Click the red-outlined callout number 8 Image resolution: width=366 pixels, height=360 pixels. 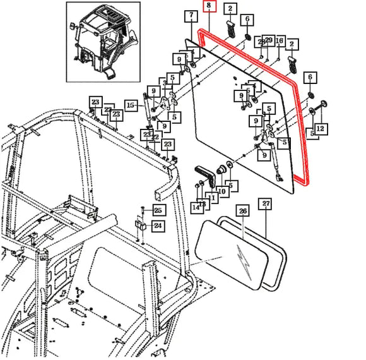(209, 8)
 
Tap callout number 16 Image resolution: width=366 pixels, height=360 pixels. (280, 40)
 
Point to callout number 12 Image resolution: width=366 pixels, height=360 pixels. (320, 129)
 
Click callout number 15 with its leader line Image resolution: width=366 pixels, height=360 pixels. (131, 104)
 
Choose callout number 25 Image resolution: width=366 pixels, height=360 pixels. (158, 210)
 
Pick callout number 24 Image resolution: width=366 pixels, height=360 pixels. (158, 225)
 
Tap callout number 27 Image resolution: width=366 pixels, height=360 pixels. (266, 204)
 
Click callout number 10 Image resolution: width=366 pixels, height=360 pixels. (222, 191)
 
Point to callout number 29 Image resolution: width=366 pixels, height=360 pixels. (269, 40)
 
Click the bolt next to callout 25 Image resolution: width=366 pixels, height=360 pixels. (143, 210)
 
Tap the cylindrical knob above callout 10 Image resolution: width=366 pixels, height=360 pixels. (222, 171)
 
